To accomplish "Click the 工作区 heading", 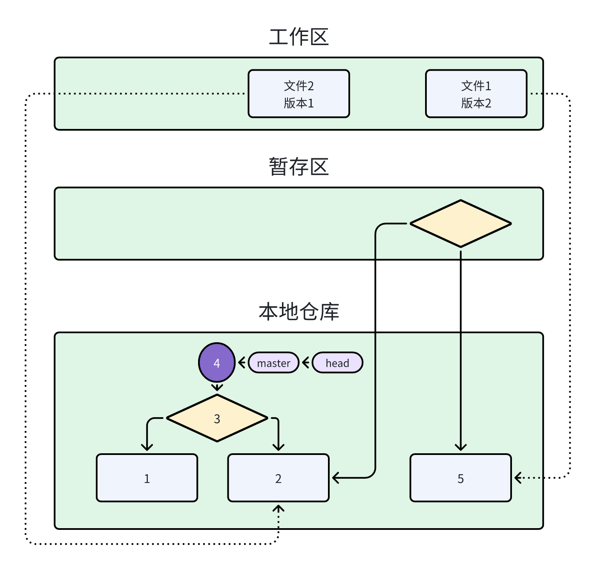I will click(299, 37).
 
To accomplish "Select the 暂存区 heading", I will click(299, 166).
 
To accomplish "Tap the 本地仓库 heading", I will click(299, 312).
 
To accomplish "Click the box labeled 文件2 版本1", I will click(299, 94).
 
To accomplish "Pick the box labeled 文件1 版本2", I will click(476, 94).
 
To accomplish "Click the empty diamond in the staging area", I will click(460, 223).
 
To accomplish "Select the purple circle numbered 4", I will click(217, 363).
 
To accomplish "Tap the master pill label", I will click(273, 363).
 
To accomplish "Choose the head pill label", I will click(337, 363).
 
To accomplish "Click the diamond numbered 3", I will click(217, 418).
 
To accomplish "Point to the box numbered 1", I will click(147, 478).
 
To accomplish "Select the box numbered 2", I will click(278, 478).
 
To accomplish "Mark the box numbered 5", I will click(460, 478).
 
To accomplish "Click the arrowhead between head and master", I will click(305, 363).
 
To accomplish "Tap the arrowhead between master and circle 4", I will click(241, 363).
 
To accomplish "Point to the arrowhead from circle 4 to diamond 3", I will click(217, 388).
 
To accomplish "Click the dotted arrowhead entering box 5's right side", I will click(518, 478).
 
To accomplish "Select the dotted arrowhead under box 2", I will click(278, 509).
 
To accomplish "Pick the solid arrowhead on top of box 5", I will click(460, 447).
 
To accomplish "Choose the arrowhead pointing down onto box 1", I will click(147, 447).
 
